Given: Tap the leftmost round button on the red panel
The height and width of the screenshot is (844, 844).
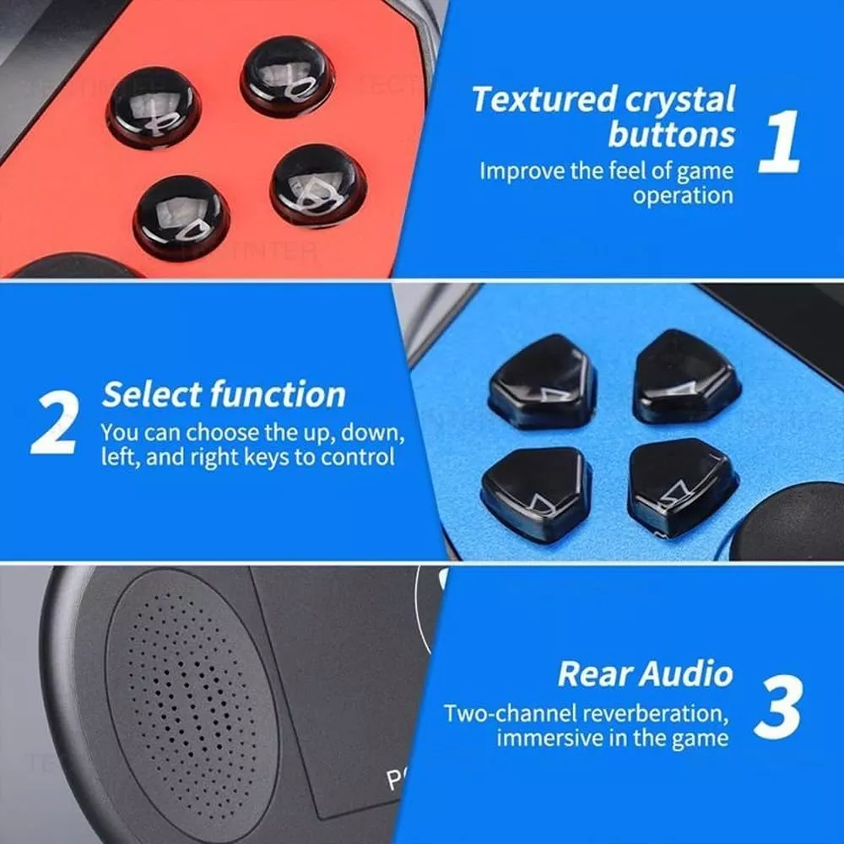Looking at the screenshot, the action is (x=154, y=109).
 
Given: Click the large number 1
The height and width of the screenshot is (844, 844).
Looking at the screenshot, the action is (x=778, y=141).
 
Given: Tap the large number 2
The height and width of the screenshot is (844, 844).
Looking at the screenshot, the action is (x=54, y=421).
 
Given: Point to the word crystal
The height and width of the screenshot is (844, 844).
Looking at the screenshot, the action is (x=679, y=101).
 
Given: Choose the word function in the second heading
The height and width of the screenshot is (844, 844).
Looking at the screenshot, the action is (x=278, y=394).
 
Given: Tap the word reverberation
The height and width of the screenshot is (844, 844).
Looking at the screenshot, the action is (x=655, y=714).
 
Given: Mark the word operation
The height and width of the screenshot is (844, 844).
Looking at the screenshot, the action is (x=683, y=196).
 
